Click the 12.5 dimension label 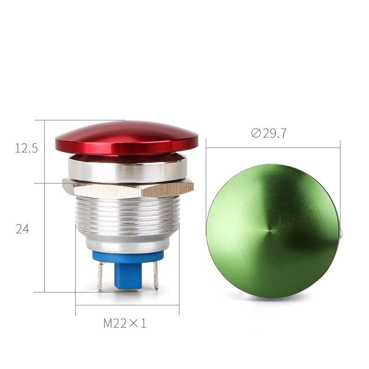click(x=26, y=149)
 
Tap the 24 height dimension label click(x=23, y=229)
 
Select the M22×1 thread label click(x=125, y=323)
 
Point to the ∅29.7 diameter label click(x=269, y=133)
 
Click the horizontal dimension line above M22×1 click(x=127, y=305)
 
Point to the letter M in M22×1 click(x=108, y=323)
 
